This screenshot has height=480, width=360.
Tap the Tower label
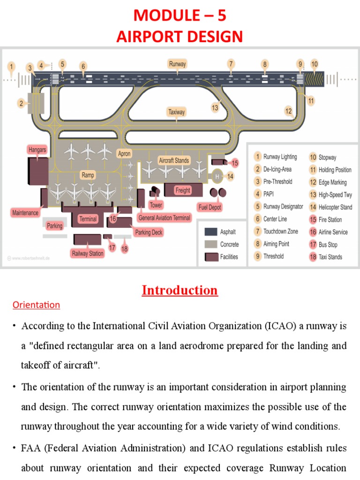155,205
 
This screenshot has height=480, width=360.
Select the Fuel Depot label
209,207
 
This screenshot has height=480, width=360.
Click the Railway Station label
87,254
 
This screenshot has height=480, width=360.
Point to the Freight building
182,190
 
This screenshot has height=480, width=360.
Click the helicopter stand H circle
217,177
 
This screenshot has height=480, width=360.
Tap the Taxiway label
177,112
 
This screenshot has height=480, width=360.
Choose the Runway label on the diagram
177,64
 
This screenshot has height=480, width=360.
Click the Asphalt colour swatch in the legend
210,232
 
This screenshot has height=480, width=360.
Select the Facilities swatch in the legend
210,257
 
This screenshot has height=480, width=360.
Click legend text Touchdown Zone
280,232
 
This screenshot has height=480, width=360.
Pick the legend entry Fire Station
330,219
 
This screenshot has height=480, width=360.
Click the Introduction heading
180,291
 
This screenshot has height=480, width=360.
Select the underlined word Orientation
36,305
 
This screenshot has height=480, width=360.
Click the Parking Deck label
149,232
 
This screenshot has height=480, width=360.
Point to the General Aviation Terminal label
164,217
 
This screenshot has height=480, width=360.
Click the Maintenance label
25,213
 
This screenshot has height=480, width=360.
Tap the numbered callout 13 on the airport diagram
215,108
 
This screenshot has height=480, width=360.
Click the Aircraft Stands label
173,160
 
